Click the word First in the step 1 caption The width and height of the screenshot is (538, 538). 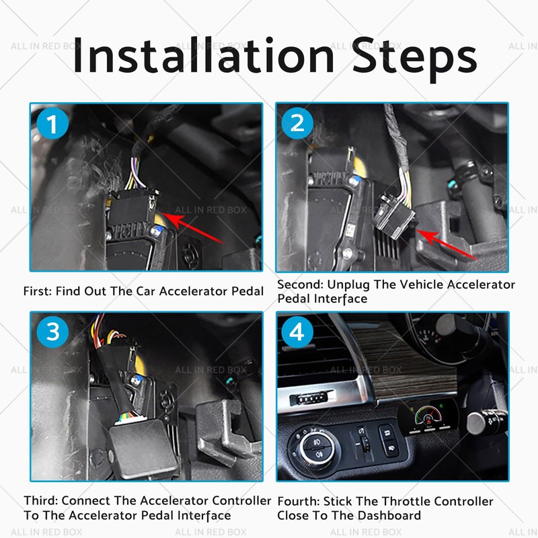37,291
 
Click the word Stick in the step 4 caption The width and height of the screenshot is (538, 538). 344,501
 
